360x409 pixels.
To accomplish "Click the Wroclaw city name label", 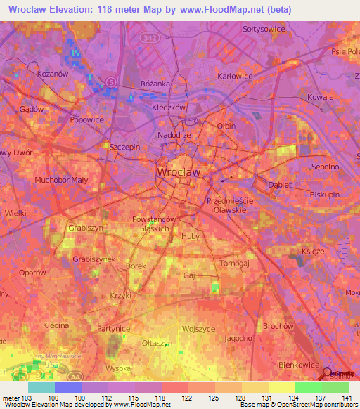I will pos(179,171).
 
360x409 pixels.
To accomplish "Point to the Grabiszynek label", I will pos(94,259).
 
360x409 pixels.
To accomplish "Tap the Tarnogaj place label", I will pos(235,263).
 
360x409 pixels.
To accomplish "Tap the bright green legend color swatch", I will pos(308,387).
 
